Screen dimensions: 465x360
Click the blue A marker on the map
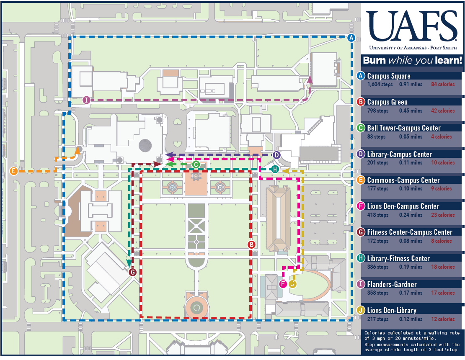[x=351, y=38]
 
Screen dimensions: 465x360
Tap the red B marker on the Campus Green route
[x=251, y=245]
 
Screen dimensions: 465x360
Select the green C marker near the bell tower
[x=196, y=165]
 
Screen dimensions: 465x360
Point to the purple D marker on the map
[x=276, y=155]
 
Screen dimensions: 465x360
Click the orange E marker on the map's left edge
[x=14, y=171]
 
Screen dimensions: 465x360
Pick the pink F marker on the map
[x=283, y=284]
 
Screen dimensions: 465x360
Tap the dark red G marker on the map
[x=132, y=272]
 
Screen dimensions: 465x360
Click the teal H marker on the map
[x=275, y=170]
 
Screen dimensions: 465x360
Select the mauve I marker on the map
[x=86, y=100]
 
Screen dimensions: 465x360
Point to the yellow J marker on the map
[x=292, y=284]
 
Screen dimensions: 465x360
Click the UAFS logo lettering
[x=412, y=26]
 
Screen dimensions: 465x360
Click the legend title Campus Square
[x=389, y=76]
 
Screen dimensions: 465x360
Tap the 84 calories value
[x=443, y=85]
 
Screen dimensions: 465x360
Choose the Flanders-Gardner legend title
[x=392, y=285]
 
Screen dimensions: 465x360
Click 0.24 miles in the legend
[x=411, y=215]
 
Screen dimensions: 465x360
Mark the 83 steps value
[x=376, y=136]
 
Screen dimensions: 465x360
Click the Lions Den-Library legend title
[x=392, y=311]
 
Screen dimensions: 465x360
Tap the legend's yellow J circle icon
[x=360, y=311]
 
